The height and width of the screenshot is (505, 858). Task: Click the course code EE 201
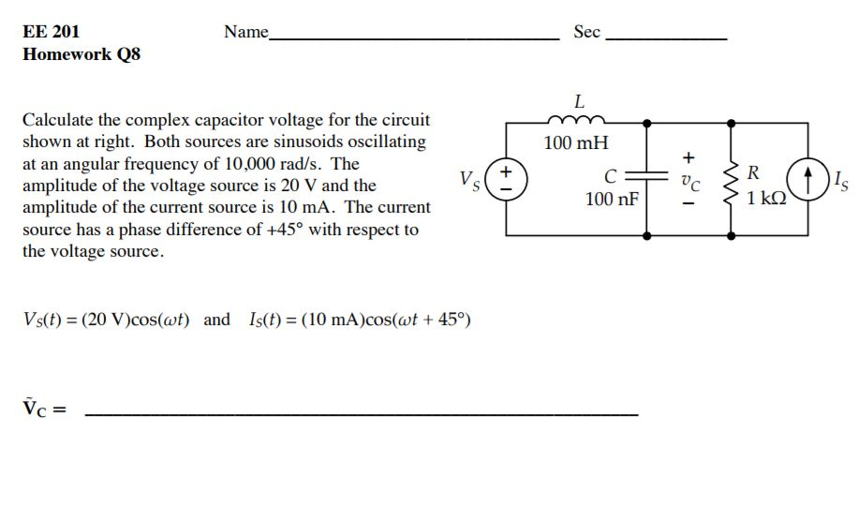pos(51,31)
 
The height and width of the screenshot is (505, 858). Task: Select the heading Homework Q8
pos(81,54)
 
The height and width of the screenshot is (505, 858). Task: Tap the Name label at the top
pos(246,32)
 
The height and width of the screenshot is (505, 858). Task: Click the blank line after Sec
pos(666,37)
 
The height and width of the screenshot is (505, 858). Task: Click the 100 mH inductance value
pos(576,143)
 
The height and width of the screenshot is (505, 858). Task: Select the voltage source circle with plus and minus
pos(507,178)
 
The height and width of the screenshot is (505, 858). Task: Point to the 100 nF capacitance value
pos(612,199)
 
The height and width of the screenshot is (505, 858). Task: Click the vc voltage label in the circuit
pos(689,178)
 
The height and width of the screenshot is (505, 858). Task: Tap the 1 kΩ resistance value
pos(766,199)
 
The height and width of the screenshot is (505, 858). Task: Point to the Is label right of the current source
pos(839,178)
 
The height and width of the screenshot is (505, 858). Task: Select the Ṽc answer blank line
pos(362,412)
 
